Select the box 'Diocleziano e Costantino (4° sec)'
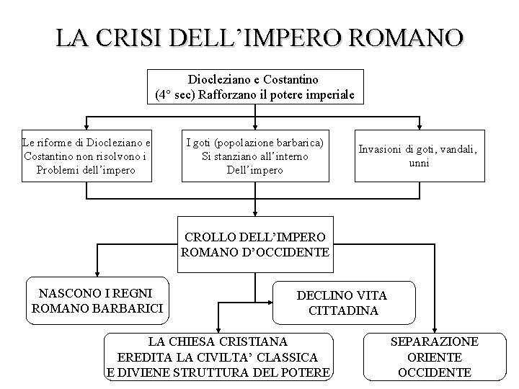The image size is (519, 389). tap(255, 86)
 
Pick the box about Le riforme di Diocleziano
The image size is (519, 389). tap(86, 156)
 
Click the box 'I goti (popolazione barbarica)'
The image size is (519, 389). tap(254, 156)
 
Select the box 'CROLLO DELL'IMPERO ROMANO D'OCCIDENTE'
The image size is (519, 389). tap(255, 244)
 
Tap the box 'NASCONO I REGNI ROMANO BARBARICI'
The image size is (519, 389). tap(98, 301)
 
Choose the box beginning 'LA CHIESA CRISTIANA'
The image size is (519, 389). tap(218, 357)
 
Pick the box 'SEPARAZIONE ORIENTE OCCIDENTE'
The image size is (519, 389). tap(435, 357)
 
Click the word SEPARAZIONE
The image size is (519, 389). tap(435, 341)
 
